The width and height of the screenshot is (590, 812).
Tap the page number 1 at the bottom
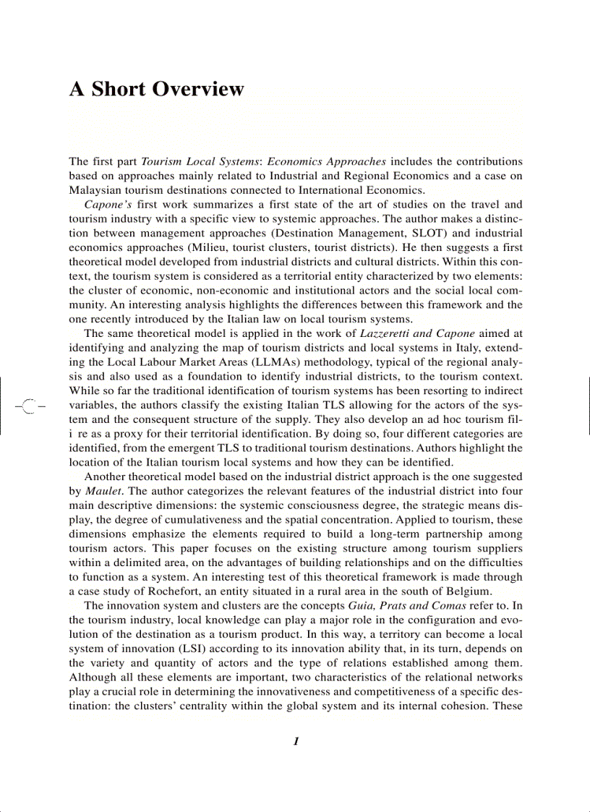[x=296, y=741]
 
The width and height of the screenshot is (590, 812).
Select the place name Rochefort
[x=163, y=591]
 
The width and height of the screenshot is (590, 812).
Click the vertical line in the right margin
[x=589, y=405]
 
